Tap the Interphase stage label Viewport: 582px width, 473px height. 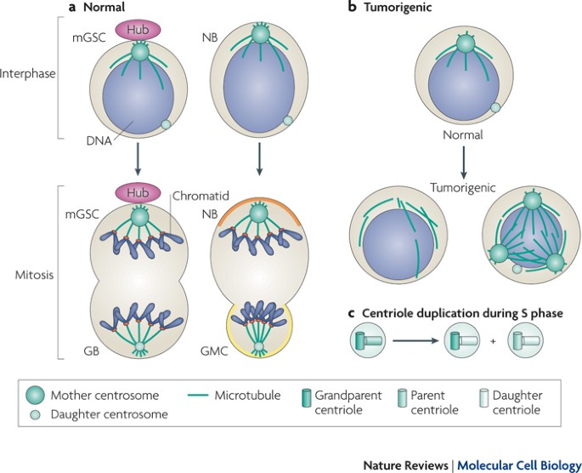click(x=28, y=74)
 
